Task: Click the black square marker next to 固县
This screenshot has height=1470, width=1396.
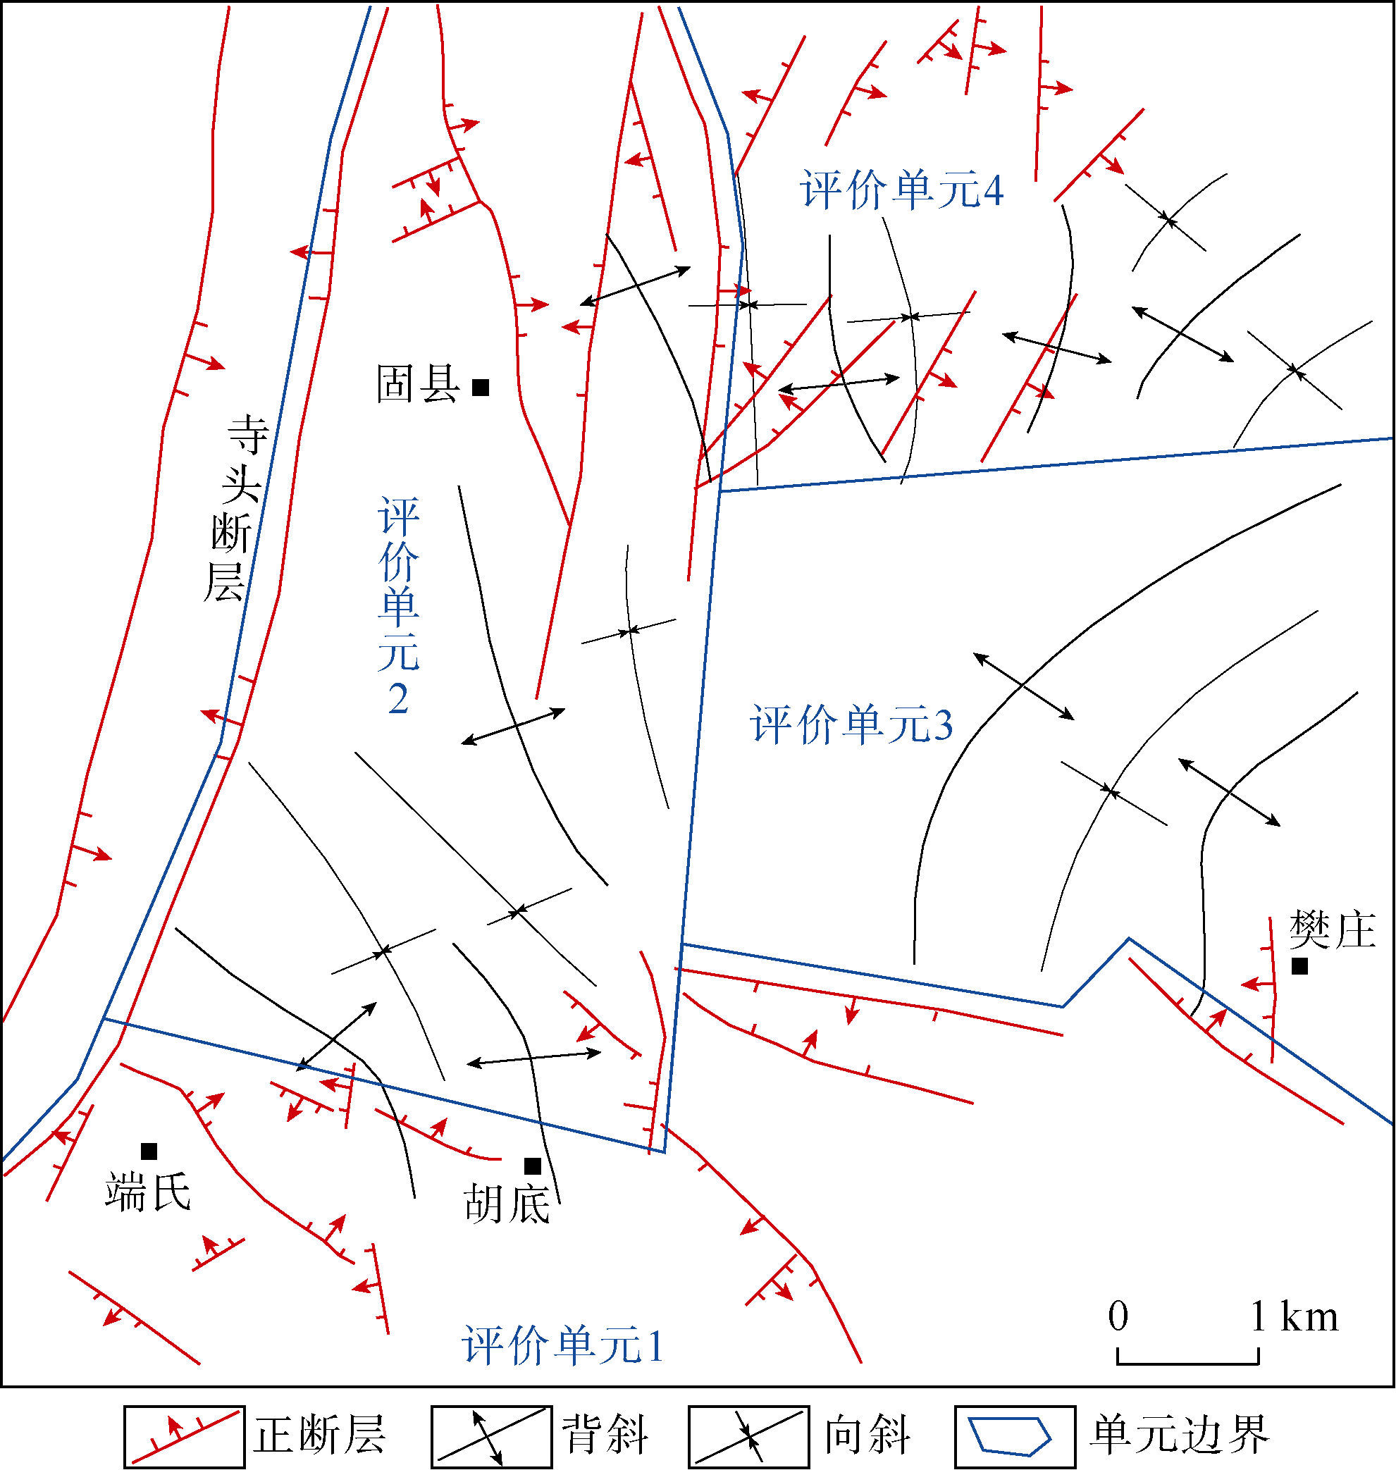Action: tap(481, 387)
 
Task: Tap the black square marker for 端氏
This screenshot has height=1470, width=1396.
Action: tap(149, 1151)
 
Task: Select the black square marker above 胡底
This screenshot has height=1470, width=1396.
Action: tap(533, 1166)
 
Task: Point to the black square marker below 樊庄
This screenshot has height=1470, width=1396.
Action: tap(1300, 966)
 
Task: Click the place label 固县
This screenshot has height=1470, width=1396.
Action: tap(417, 384)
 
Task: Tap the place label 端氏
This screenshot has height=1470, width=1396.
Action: tap(148, 1192)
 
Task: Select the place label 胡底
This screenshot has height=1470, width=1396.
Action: tap(507, 1204)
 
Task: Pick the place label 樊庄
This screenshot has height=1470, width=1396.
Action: tap(1332, 929)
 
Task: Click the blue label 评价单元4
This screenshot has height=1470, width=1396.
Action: tap(902, 190)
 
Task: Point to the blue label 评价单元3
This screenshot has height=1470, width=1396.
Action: tap(851, 724)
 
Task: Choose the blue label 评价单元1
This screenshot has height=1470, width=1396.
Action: tap(562, 1345)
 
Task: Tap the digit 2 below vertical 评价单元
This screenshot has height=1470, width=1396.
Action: tap(398, 699)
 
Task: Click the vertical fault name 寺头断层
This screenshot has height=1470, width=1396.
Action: tap(236, 508)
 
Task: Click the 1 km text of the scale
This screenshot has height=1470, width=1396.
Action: tap(1294, 1316)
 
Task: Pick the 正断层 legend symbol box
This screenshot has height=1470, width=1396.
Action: tap(185, 1436)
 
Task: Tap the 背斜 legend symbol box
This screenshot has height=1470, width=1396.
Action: tap(492, 1436)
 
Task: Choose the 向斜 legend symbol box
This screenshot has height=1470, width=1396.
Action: tap(748, 1436)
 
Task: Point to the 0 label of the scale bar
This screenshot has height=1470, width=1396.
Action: tap(1118, 1316)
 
